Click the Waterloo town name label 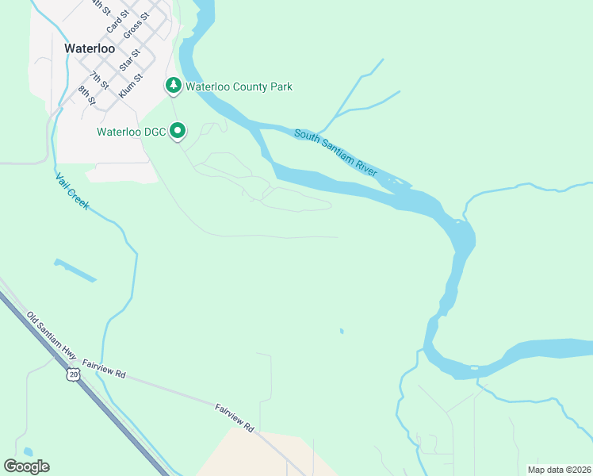pyautogui.click(x=90, y=48)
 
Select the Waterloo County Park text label pyautogui.click(x=239, y=86)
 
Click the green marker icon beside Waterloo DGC pyautogui.click(x=178, y=131)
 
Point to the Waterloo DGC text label pyautogui.click(x=131, y=132)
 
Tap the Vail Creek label pyautogui.click(x=73, y=194)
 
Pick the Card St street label pyautogui.click(x=117, y=23)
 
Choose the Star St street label pyautogui.click(x=128, y=60)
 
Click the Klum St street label pyautogui.click(x=130, y=86)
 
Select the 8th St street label pyautogui.click(x=86, y=95)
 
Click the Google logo pyautogui.click(x=26, y=466)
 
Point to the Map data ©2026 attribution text pyautogui.click(x=558, y=470)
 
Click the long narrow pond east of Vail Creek pyautogui.click(x=75, y=271)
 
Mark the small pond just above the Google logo pyautogui.click(x=28, y=451)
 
